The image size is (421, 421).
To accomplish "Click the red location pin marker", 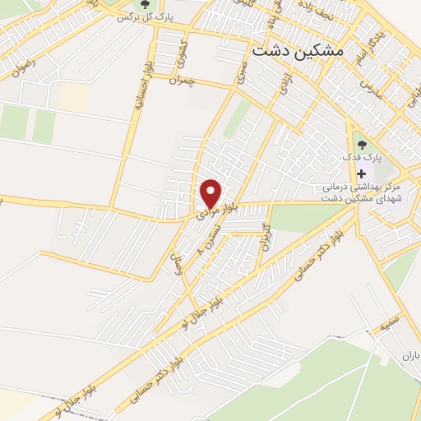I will click(211, 193).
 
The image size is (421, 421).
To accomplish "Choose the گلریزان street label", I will click(262, 236).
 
